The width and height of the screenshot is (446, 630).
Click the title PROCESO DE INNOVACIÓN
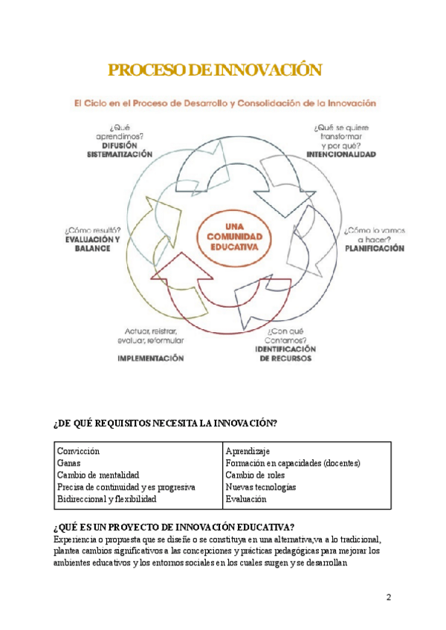click(x=216, y=71)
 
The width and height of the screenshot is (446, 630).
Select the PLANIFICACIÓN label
click(x=375, y=249)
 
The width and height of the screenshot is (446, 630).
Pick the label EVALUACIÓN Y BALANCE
click(x=91, y=244)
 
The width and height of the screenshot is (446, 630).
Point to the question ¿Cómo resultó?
click(x=92, y=230)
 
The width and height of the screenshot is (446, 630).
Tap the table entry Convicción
click(x=78, y=451)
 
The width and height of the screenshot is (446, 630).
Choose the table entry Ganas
click(x=68, y=463)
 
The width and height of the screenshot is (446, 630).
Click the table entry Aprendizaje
click(x=247, y=451)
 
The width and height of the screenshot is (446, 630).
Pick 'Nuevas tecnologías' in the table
click(x=260, y=487)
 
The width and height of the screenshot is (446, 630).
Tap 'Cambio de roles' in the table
click(x=255, y=475)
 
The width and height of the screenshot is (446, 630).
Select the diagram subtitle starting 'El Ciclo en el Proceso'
click(x=224, y=103)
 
